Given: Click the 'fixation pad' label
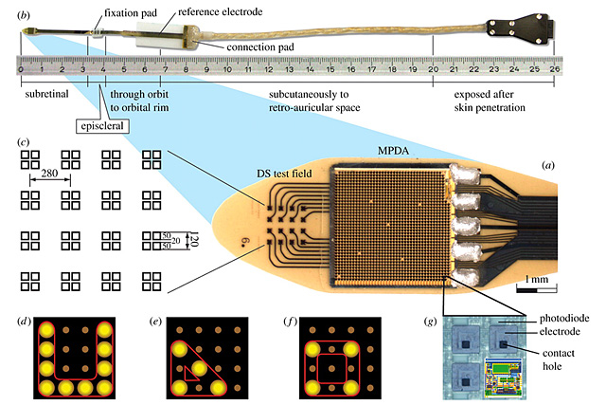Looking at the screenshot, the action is (x=131, y=13).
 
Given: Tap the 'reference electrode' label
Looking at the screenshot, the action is (x=220, y=12).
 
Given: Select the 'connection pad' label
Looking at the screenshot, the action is (x=260, y=47).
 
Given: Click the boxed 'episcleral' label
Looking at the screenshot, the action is (x=102, y=126).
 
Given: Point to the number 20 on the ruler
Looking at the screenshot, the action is (x=433, y=69).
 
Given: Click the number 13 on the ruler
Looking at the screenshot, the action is (x=289, y=69).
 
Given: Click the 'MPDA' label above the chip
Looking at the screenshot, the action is (x=393, y=151).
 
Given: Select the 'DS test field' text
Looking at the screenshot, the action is (x=284, y=174).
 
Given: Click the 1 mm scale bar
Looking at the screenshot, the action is (x=537, y=289).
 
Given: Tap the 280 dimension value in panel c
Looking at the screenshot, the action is (x=49, y=173).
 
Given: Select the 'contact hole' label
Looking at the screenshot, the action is (x=558, y=359).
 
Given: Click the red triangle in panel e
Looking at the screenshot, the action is (x=191, y=374).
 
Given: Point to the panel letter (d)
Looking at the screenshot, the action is (x=24, y=322).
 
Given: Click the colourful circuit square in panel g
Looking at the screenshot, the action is (x=503, y=377).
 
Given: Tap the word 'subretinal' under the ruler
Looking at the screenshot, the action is (x=46, y=94).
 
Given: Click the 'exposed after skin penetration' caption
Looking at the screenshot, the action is (x=490, y=101).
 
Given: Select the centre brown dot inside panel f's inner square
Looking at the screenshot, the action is (x=331, y=369).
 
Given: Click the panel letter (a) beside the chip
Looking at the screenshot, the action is (x=547, y=166).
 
